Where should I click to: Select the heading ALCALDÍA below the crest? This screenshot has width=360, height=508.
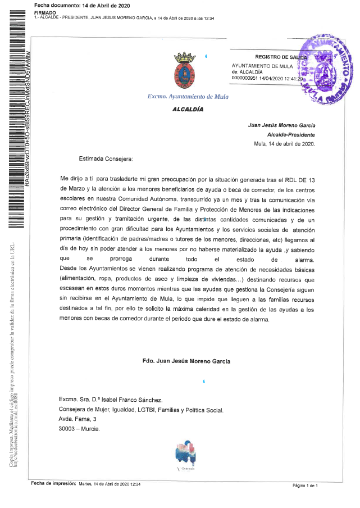(188, 110)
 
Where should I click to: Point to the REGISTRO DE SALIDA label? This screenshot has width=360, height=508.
(281, 57)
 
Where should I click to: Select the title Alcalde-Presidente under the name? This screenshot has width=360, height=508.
(291, 134)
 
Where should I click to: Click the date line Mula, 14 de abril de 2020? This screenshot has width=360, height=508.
(285, 143)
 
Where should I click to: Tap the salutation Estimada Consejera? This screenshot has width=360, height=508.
(106, 159)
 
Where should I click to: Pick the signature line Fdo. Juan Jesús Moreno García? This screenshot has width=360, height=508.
(186, 361)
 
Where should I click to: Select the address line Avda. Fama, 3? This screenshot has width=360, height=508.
(78, 419)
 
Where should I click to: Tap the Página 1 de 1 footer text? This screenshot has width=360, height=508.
(305, 485)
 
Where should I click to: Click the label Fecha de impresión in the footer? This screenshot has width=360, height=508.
(53, 484)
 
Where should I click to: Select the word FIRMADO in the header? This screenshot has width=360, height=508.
(45, 12)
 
